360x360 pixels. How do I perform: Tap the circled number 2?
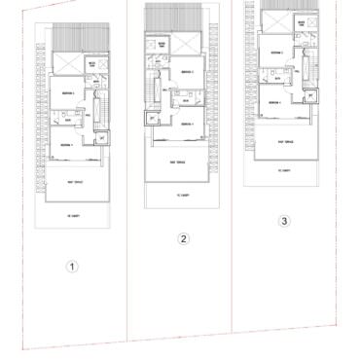[182, 238]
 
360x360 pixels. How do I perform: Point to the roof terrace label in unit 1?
[70, 182]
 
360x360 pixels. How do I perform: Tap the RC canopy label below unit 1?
[70, 215]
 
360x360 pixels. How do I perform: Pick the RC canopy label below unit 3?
[283, 171]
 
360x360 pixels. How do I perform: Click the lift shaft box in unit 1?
[100, 138]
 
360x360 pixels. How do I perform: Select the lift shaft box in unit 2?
[151, 119]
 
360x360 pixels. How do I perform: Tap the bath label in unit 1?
[68, 121]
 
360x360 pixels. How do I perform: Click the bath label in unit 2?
[184, 100]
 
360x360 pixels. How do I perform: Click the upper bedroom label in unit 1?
[64, 92]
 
